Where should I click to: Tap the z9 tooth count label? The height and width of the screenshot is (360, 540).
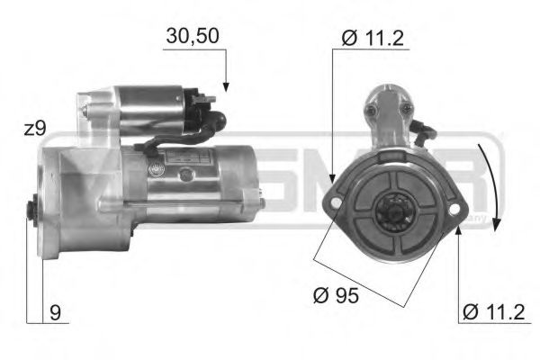(x=35, y=128)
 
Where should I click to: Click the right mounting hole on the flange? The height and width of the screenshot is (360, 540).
(x=454, y=211)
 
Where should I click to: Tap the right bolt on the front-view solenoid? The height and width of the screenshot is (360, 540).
(x=407, y=109)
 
